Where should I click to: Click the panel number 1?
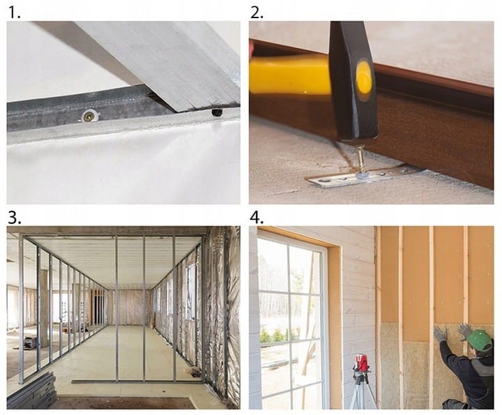13,12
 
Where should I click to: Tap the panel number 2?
257,12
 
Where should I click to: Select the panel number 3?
15,218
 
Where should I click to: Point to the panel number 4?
257,218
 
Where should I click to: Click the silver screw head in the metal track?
89,116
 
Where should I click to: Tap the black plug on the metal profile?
216,112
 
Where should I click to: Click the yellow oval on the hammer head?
364,77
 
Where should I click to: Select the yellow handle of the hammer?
290,75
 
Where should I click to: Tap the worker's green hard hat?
479,340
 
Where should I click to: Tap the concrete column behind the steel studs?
43,308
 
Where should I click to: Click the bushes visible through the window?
279,335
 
